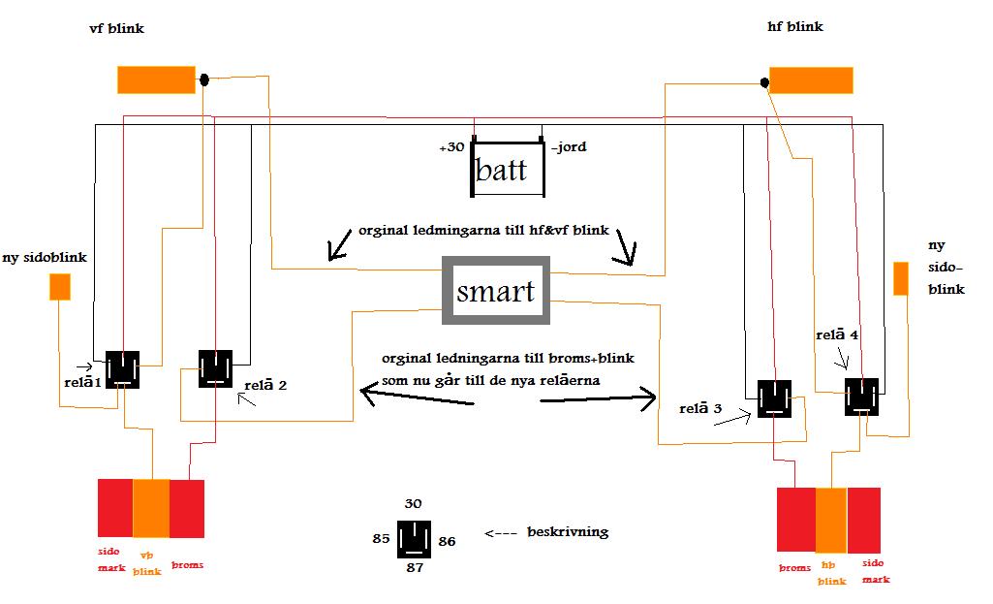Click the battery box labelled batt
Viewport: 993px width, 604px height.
click(508, 169)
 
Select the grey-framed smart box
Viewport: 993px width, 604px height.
click(496, 290)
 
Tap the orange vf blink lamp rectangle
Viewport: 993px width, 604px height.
click(156, 79)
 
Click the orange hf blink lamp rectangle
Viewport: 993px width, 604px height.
click(811, 80)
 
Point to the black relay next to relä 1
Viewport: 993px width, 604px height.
click(122, 369)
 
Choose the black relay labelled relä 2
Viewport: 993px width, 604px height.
click(215, 368)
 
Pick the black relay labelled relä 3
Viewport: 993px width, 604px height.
click(774, 398)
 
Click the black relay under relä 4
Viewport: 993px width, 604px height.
click(861, 397)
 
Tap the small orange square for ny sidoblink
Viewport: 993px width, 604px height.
click(60, 286)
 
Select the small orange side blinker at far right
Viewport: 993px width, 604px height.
click(901, 279)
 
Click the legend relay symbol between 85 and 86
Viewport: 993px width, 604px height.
click(415, 539)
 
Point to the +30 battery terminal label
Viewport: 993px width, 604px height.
click(451, 147)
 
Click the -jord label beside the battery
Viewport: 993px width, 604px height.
click(569, 147)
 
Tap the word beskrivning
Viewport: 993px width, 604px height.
click(568, 532)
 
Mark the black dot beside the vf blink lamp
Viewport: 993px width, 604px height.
click(203, 79)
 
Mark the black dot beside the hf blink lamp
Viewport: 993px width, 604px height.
click(764, 82)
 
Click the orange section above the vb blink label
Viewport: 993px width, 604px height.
click(151, 508)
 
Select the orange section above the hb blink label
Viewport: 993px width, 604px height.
click(831, 521)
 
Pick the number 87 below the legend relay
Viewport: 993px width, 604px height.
click(415, 568)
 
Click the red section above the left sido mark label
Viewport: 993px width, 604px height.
click(115, 508)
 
